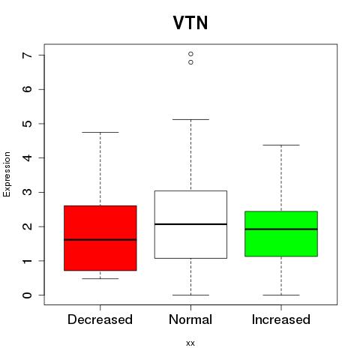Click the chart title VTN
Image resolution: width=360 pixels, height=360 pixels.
(190, 23)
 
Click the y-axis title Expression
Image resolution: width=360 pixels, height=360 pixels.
(7, 174)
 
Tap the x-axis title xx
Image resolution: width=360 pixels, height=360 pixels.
(190, 343)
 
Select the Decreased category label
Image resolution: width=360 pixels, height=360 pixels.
(100, 319)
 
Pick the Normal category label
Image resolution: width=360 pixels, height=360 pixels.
(190, 319)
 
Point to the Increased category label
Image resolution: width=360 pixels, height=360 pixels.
(281, 319)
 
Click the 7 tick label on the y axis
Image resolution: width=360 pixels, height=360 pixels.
(27, 55)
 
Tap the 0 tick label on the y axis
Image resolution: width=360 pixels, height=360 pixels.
(27, 295)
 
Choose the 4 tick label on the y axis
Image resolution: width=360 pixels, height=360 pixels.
(27, 157)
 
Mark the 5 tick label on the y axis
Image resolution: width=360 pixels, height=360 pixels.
(27, 124)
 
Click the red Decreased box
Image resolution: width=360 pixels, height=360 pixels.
(100, 238)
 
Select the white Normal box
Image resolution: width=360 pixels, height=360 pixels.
(190, 224)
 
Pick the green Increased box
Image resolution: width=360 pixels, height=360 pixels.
(281, 234)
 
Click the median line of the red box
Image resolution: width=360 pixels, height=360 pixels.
(100, 240)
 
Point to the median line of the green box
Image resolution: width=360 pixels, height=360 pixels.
(281, 229)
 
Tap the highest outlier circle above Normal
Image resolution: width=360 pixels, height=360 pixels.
(190, 54)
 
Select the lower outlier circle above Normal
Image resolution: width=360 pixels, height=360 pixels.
(190, 62)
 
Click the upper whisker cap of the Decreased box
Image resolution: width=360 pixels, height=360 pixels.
(100, 132)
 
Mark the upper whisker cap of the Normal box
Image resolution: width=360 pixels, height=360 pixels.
(190, 119)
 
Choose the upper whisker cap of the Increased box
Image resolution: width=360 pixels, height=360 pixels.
(281, 145)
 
